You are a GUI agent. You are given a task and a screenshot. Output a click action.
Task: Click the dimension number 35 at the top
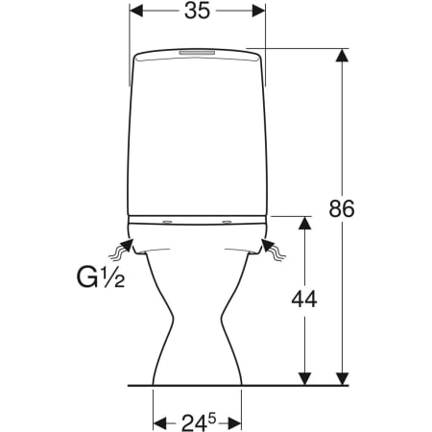[197, 11]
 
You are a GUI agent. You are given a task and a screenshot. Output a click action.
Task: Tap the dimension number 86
[342, 208]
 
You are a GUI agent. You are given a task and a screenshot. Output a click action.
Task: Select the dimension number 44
[304, 300]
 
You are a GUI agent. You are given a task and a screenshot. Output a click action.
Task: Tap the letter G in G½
[87, 277]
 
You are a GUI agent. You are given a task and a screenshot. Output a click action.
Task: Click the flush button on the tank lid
[197, 52]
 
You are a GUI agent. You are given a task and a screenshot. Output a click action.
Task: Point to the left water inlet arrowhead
[127, 246]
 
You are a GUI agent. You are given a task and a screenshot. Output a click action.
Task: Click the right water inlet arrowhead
[268, 246]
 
